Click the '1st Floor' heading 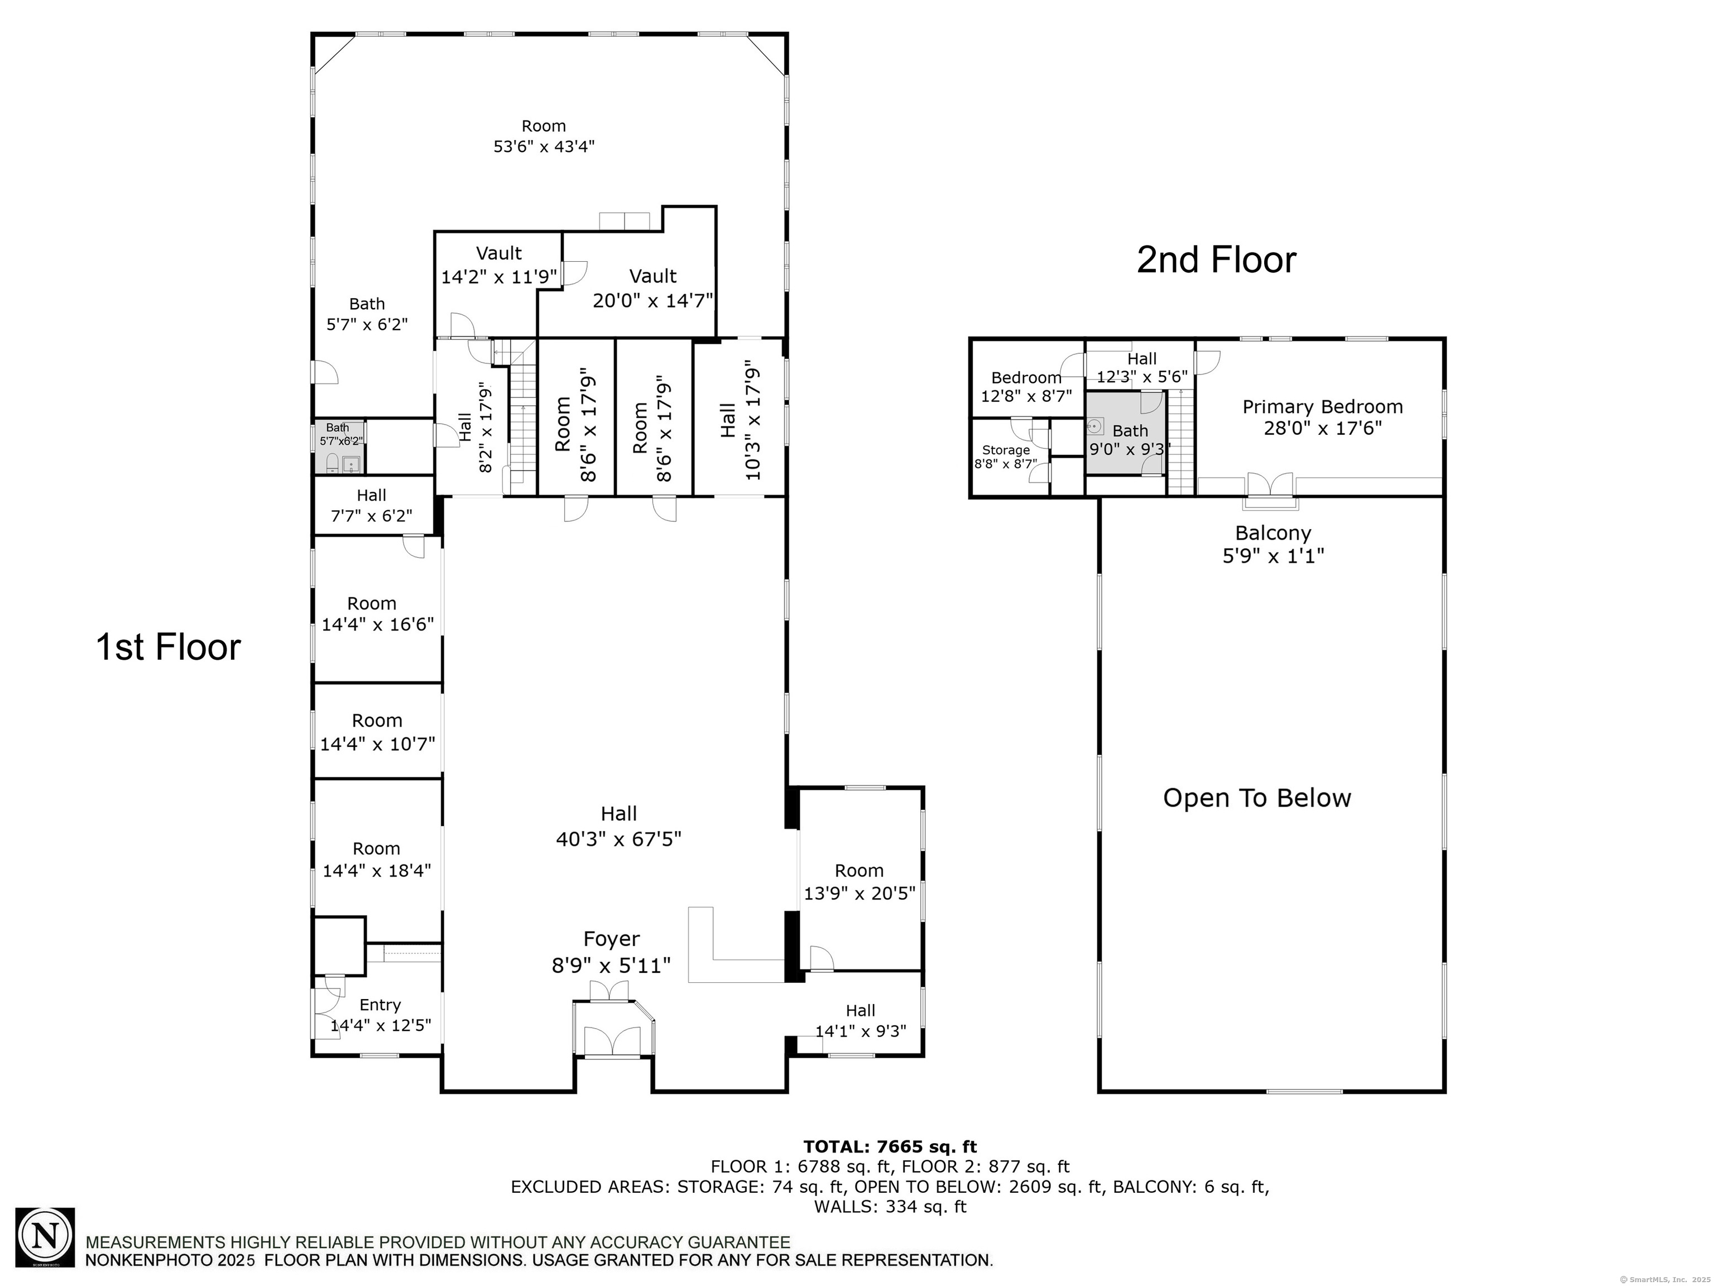168,647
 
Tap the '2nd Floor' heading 1216,260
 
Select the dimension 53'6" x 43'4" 544,146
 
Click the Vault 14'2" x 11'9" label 499,265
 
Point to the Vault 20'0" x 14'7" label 653,288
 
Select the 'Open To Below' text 1257,798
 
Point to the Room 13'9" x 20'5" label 860,881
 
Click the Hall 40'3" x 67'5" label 618,826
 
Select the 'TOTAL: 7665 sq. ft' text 890,1146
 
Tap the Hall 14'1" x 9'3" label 860,1020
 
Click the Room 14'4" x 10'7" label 377,732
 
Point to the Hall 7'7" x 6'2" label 372,505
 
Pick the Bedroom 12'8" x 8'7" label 1027,387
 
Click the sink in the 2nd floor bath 1096,425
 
